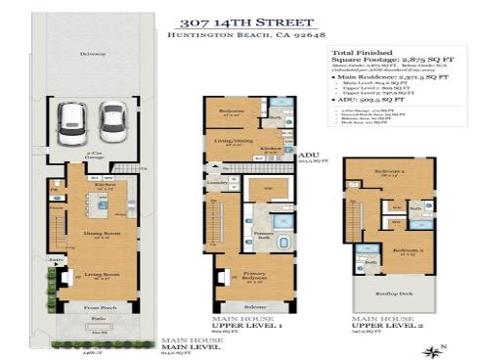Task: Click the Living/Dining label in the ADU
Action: (232, 142)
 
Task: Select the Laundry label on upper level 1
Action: (217, 182)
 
